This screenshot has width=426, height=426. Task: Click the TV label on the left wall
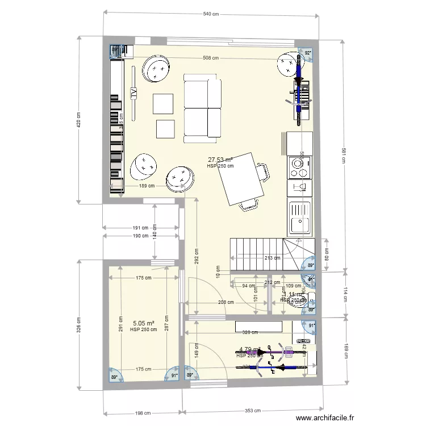point(134,93)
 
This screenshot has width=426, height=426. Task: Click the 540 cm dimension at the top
point(211,14)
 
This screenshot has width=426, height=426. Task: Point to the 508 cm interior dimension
point(212,57)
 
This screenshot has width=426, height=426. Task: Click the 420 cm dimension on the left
point(79,120)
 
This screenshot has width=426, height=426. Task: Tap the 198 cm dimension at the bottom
point(142,412)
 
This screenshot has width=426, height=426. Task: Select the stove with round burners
point(299,166)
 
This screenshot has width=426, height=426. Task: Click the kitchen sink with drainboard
point(299,218)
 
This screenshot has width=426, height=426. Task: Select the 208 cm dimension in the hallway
point(225,302)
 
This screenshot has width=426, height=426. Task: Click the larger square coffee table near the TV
point(163,103)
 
